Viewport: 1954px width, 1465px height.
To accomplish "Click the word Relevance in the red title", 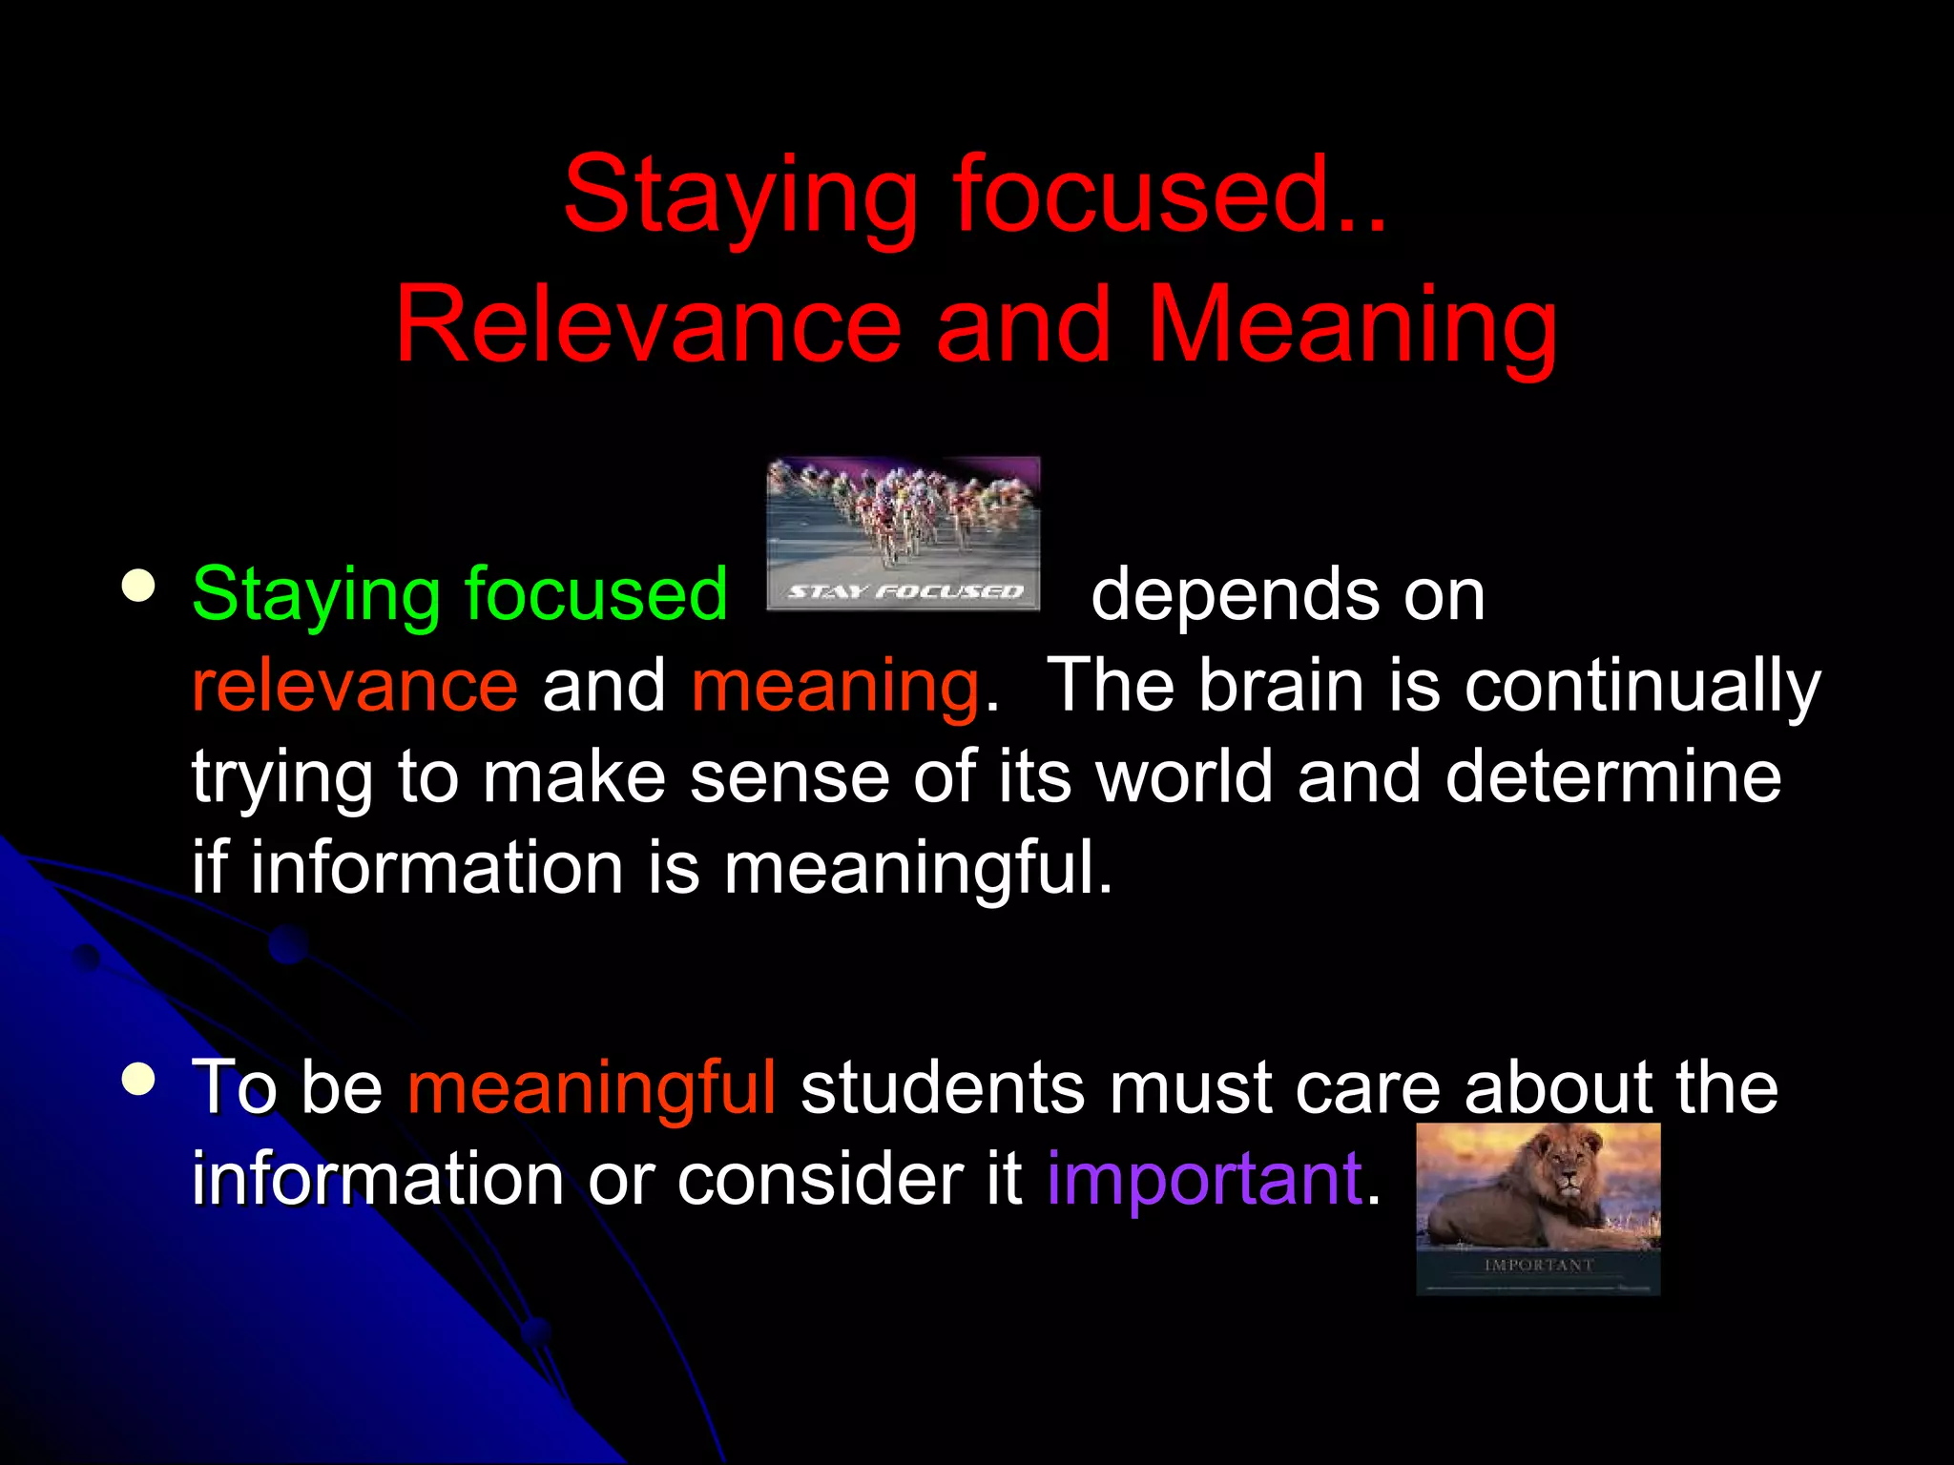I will [648, 326].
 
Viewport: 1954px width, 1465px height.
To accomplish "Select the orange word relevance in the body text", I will [355, 687].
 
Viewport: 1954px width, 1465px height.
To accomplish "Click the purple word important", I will [1204, 1181].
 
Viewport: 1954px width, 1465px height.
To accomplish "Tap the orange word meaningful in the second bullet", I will [592, 1088].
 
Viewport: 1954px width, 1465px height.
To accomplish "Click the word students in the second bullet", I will [942, 1088].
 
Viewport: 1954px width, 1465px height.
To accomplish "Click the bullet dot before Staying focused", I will [139, 587].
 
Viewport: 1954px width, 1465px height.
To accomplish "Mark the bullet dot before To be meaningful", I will [139, 1080].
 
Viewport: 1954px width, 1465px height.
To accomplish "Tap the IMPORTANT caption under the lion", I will [1538, 1265].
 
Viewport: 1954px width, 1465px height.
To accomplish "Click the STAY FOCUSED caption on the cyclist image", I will [904, 592].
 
